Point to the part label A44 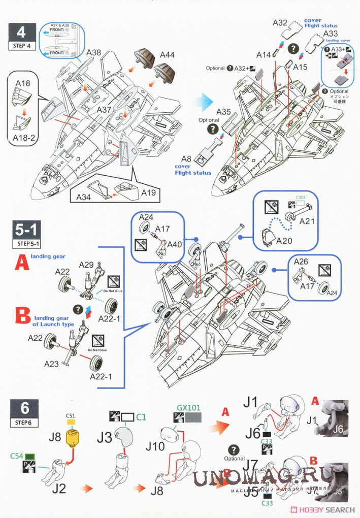pos(167,55)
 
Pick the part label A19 pos(149,193)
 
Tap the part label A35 pos(224,112)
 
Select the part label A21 pos(308,221)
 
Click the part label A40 pos(175,244)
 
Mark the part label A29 pos(87,265)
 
